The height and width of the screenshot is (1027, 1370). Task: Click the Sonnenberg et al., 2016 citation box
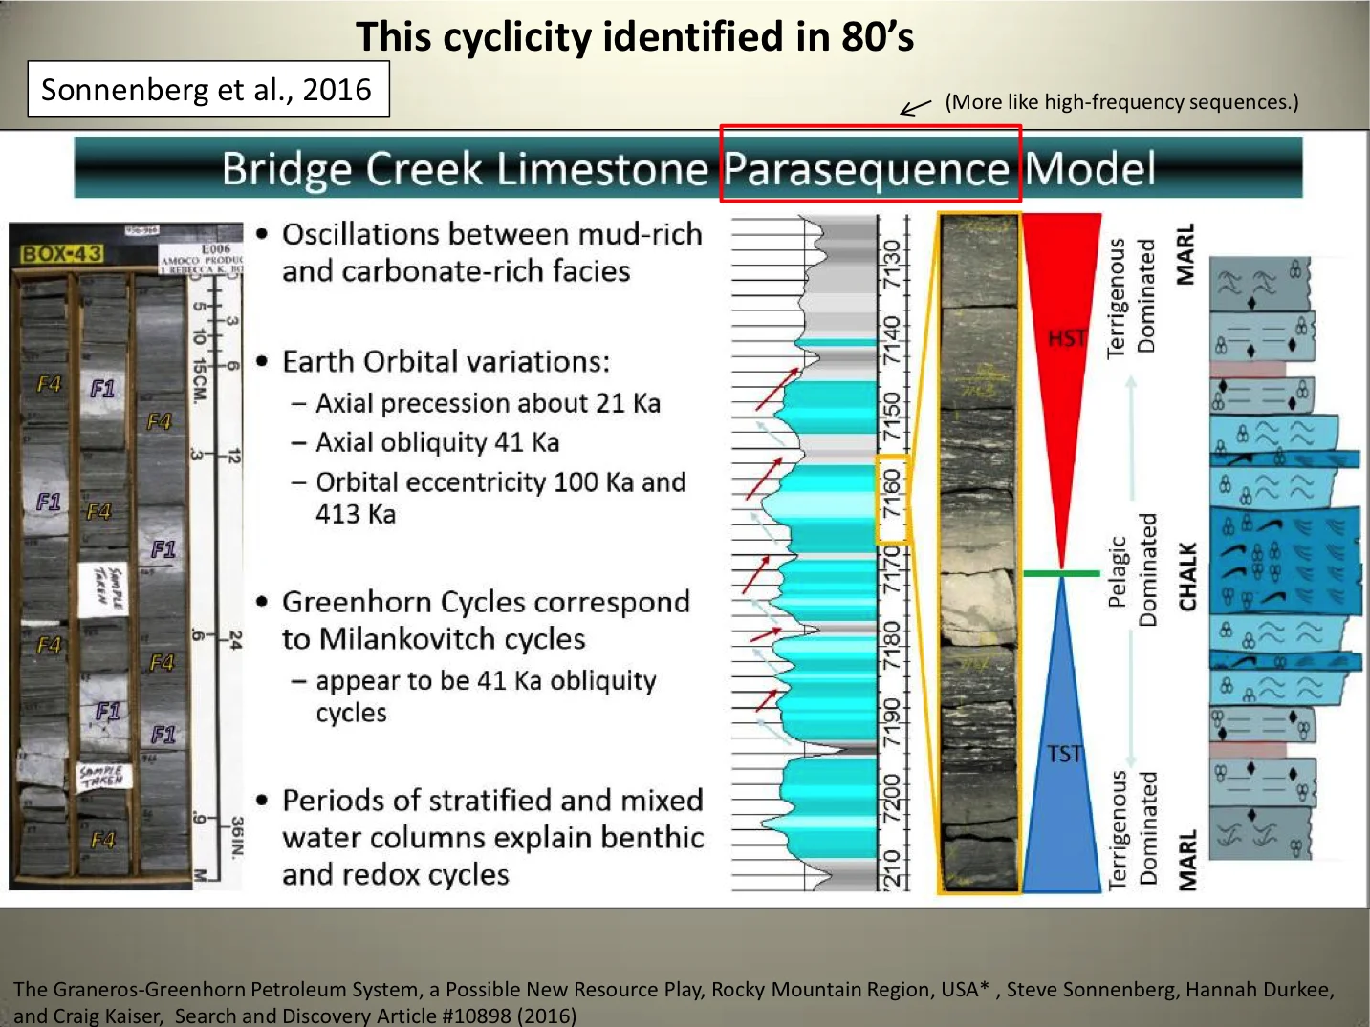pos(207,89)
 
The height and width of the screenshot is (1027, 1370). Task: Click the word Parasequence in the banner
pos(866,169)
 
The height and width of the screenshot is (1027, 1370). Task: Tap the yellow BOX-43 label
pos(62,254)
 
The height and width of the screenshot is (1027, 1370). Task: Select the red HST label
pos(1066,337)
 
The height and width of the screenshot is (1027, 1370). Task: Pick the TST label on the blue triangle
pos(1064,754)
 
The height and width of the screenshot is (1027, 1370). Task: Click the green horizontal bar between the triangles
pos(1061,573)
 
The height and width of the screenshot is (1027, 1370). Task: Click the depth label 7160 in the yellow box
pos(891,493)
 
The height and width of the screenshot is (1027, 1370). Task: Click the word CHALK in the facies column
pos(1186,576)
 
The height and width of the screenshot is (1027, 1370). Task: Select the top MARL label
pos(1185,254)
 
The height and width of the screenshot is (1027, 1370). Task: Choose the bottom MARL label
pos(1186,860)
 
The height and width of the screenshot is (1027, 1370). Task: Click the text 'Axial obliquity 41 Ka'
pos(438,442)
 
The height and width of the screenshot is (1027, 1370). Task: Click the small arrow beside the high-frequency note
pos(915,107)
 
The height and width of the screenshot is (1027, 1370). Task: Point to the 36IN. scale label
pos(236,837)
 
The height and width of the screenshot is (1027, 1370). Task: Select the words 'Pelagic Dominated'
pos(1132,570)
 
